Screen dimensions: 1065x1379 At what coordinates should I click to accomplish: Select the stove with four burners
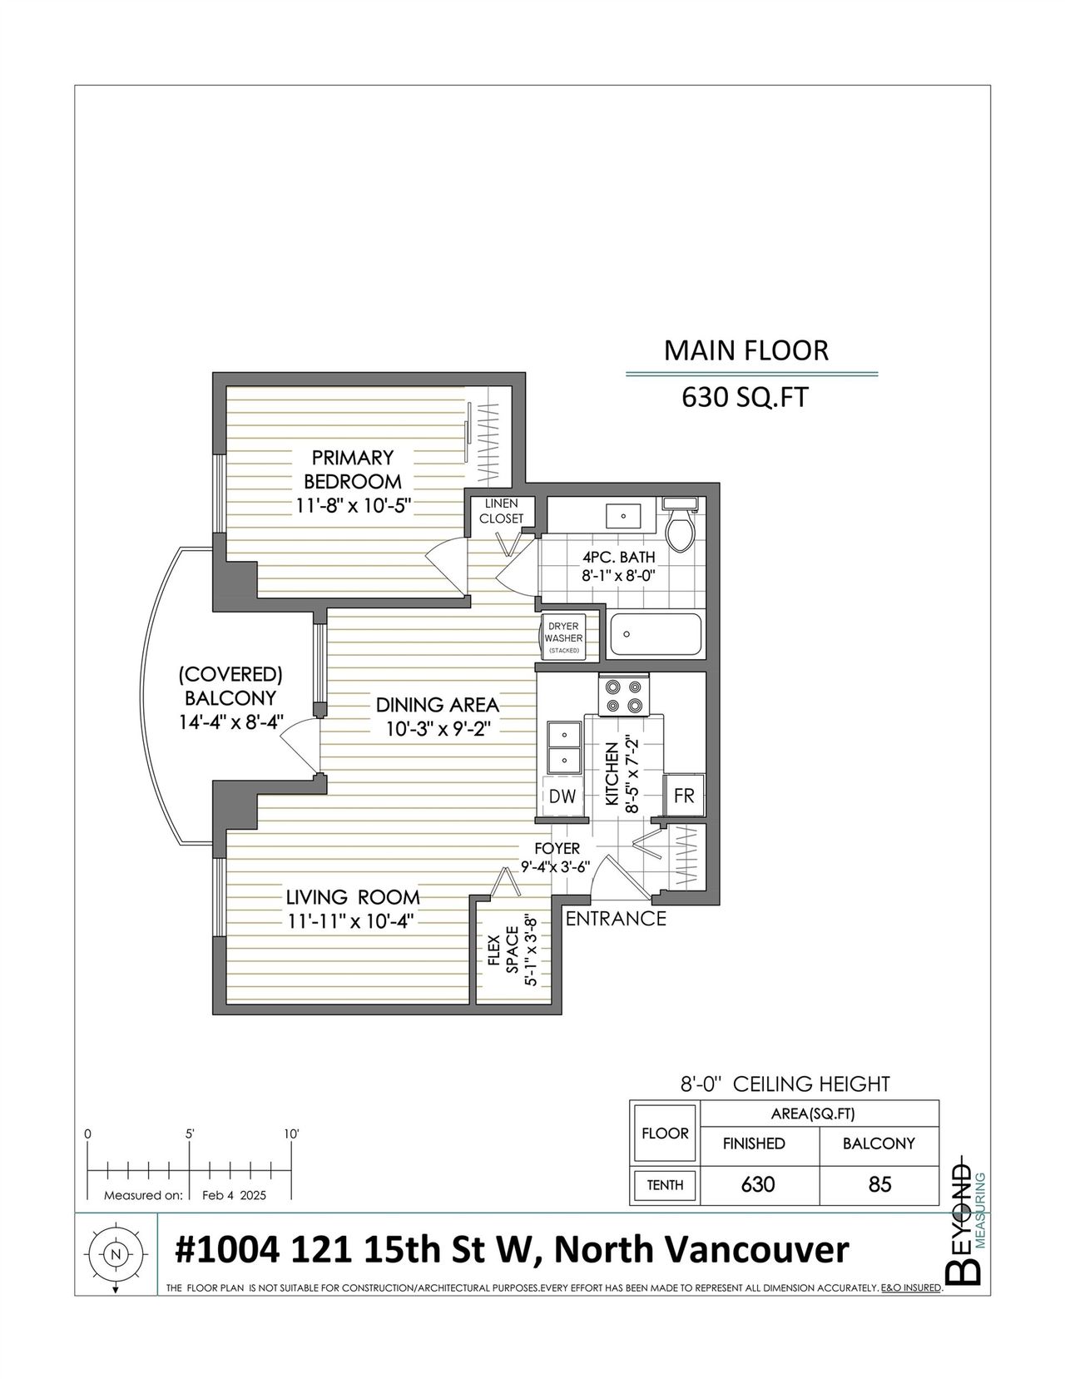623,695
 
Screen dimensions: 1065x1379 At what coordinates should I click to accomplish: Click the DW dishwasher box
562,796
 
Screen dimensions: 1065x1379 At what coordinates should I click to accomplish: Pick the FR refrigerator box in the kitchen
684,795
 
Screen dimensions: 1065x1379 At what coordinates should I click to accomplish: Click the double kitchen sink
563,747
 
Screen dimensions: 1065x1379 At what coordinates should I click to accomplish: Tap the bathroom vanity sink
623,516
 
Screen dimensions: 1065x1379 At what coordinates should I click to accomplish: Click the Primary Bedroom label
353,469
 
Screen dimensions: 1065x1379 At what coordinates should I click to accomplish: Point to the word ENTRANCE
615,918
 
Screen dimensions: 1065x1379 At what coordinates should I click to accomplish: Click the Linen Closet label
501,511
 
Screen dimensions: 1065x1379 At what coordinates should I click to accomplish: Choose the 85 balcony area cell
879,1184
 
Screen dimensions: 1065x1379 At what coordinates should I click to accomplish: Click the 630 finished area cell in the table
758,1184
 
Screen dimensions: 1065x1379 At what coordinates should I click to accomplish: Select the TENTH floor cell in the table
665,1185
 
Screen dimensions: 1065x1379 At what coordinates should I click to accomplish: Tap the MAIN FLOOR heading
746,350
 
